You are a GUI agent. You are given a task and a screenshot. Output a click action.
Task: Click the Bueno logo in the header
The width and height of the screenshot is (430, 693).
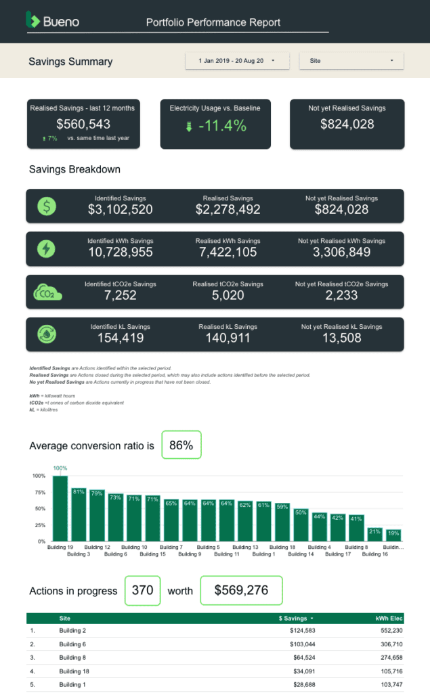(x=52, y=21)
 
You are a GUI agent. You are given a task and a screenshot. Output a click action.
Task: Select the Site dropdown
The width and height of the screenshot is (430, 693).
(x=351, y=61)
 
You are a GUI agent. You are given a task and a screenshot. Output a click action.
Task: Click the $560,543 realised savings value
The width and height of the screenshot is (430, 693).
(x=83, y=124)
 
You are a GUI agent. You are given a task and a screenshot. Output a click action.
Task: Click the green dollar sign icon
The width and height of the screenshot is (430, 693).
(x=46, y=206)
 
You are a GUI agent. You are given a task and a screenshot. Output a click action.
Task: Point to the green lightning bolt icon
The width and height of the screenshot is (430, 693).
(x=46, y=248)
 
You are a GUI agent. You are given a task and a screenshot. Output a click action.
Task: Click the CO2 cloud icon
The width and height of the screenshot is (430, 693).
(x=47, y=292)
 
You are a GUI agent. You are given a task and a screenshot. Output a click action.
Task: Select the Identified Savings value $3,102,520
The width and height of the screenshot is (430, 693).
(x=121, y=210)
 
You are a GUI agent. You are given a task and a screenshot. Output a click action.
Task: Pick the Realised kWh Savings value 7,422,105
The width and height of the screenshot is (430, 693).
(x=228, y=252)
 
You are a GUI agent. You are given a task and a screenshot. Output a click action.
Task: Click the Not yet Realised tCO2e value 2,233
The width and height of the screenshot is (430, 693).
(x=341, y=295)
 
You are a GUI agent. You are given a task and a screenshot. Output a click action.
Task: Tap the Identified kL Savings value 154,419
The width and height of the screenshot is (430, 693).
(x=121, y=338)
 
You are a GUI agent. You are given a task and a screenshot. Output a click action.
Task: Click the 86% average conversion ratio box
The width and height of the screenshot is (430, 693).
(x=181, y=445)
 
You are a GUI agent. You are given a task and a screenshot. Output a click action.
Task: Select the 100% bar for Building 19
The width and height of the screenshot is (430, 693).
(x=60, y=508)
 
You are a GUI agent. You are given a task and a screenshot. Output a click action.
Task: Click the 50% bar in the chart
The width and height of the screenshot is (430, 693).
(x=301, y=525)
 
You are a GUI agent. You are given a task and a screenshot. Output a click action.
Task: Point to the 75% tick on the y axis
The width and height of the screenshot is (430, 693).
(x=39, y=492)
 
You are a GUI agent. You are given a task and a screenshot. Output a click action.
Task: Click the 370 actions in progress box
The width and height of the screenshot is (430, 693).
(x=142, y=590)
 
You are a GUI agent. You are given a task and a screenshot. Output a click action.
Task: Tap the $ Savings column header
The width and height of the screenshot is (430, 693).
(x=297, y=619)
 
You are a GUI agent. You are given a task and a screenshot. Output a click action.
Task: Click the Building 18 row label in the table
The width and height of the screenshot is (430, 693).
(x=73, y=671)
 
